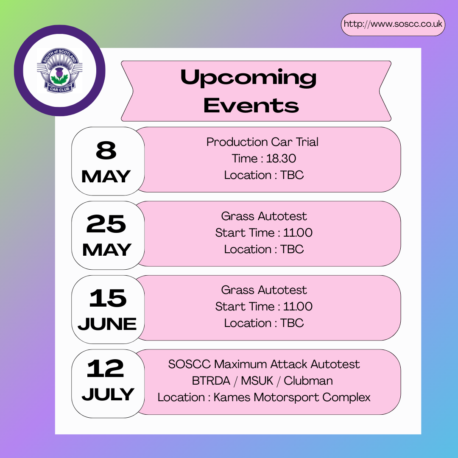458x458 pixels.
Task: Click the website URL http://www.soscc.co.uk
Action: [393, 24]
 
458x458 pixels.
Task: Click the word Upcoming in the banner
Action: [248, 78]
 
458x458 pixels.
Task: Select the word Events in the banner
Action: [251, 106]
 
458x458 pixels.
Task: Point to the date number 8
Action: [106, 150]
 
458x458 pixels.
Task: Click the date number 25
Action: [106, 224]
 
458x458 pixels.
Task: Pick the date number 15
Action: [108, 298]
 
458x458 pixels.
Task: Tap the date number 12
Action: [106, 369]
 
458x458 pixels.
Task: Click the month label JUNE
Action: [107, 324]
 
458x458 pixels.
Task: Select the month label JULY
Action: [108, 394]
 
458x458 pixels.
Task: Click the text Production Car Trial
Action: [263, 142]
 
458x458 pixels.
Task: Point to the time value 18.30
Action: [281, 159]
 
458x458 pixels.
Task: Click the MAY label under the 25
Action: [107, 250]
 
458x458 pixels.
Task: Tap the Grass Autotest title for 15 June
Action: [264, 290]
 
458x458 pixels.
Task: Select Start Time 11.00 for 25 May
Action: [264, 233]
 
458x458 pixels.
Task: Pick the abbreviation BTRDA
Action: [211, 381]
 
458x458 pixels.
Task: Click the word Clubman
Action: [308, 381]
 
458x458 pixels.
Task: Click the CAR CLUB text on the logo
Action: [60, 89]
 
